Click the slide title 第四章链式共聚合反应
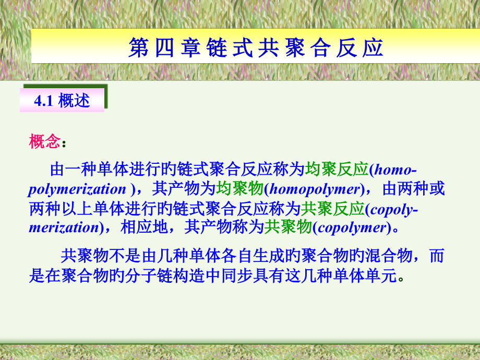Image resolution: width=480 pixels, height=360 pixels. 256,47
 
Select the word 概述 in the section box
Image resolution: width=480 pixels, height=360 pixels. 74,101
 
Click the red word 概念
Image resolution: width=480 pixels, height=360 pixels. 44,141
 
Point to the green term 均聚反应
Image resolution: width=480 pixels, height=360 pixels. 336,170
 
